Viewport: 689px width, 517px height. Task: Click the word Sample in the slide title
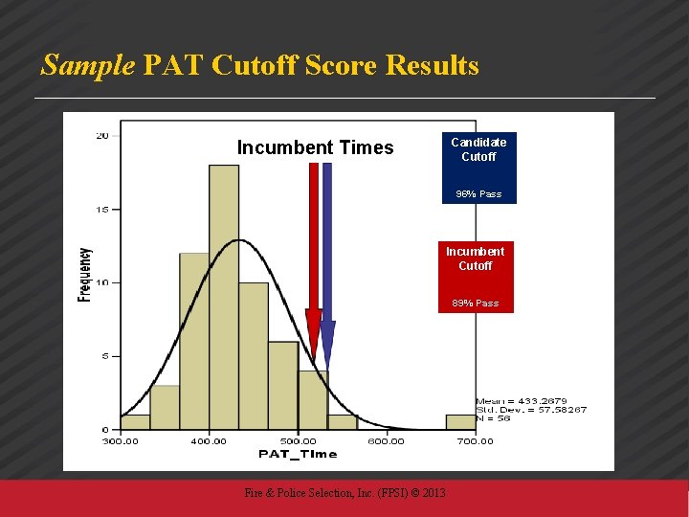88,65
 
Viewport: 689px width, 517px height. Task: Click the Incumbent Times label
315,147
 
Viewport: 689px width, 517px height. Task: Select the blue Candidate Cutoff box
478,149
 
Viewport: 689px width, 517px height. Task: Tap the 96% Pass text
478,193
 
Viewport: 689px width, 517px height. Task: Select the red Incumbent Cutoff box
476,258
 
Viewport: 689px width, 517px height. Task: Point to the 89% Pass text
476,303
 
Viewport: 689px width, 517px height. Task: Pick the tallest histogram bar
224,297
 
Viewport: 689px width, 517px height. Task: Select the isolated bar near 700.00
461,421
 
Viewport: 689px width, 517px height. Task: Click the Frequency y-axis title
85,275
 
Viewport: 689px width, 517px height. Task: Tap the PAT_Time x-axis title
298,454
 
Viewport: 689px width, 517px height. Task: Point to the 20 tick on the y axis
101,135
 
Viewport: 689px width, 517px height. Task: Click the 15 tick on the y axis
101,209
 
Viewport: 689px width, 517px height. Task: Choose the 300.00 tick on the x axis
121,440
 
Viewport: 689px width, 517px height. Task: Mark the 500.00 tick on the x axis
298,440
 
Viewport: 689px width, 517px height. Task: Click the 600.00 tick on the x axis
386,440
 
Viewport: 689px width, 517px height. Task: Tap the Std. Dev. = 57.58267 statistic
531,410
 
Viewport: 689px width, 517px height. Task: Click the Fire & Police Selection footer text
344,493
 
